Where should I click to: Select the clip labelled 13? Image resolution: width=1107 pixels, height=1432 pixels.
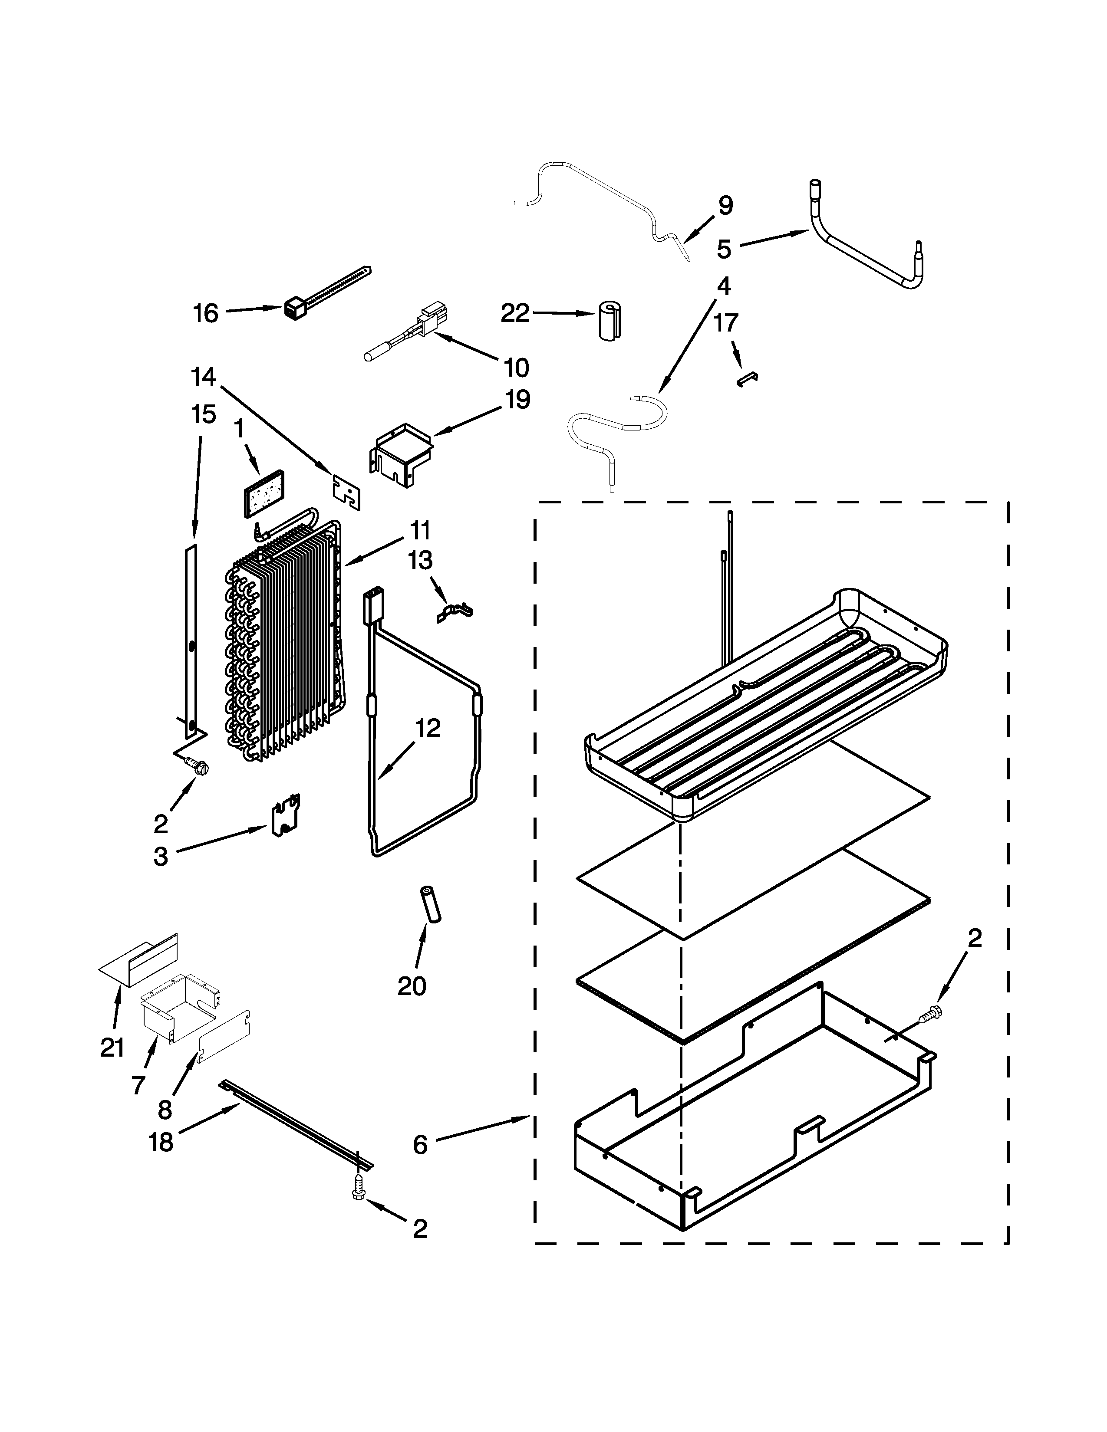click(455, 611)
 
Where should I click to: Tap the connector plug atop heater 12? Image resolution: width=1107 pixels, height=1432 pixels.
click(372, 602)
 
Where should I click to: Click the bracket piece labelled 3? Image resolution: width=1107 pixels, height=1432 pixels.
click(286, 816)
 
